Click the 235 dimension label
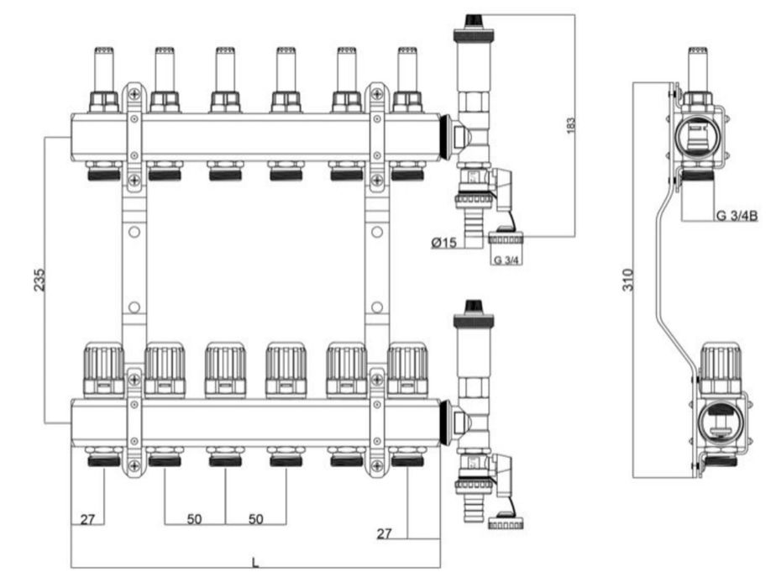click(40, 280)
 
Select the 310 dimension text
click(628, 281)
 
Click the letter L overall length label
click(255, 563)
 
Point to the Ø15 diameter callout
click(444, 243)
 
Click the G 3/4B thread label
click(737, 215)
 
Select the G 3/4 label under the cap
click(506, 260)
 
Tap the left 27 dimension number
click(87, 519)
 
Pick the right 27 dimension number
click(384, 533)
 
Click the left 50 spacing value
click(195, 519)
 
